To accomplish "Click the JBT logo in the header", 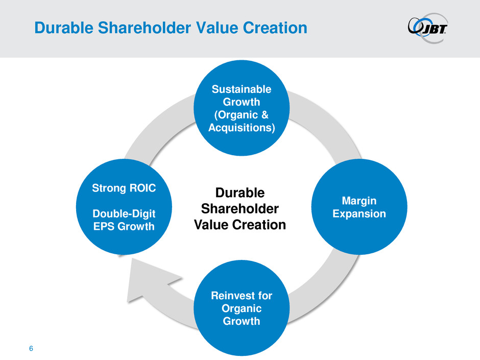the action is coord(427,28).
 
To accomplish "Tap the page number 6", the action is coord(31,348).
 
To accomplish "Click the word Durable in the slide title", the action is coord(64,28).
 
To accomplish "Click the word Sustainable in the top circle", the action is coord(242,89).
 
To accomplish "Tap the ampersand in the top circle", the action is coord(265,115).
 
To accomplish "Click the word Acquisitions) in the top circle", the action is coord(242,128).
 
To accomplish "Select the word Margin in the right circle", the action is coord(359,201).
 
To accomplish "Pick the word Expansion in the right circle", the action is coord(359,213).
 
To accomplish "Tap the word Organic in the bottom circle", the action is coord(242,308).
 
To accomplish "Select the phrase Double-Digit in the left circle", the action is coord(124,213).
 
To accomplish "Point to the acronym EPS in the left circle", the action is coord(104,227).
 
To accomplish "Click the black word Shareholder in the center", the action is coord(239,209).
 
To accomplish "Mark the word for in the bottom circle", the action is coord(265,296).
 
